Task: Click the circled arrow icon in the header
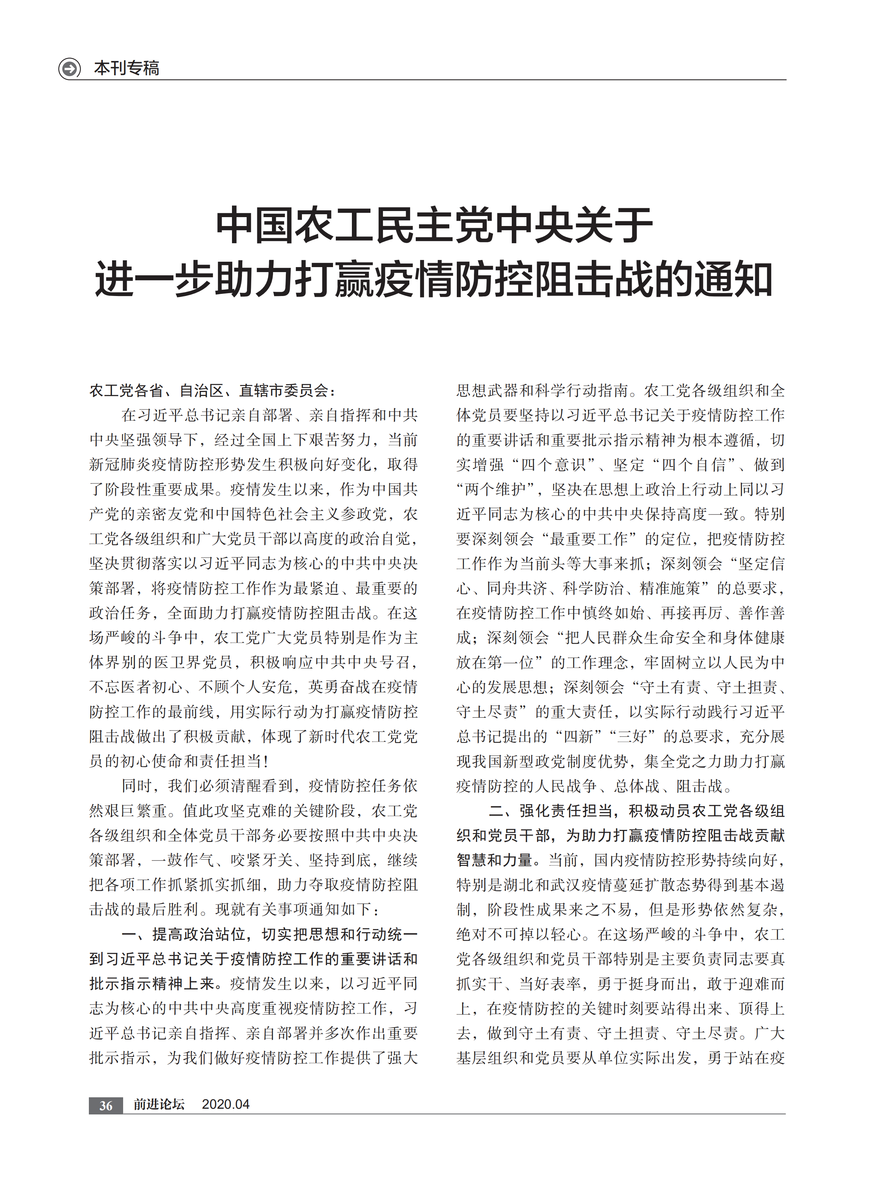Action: pos(69,68)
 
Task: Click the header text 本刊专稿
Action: pos(126,68)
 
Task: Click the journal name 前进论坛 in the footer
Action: pos(159,1104)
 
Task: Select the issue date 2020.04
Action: pos(226,1104)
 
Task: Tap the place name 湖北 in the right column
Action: pos(534,885)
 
